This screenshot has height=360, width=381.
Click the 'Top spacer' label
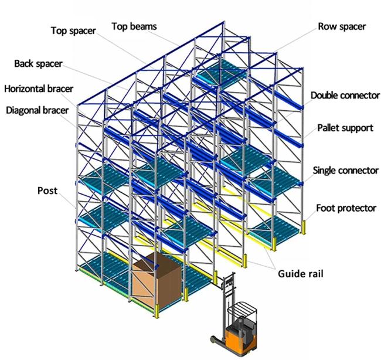click(73, 31)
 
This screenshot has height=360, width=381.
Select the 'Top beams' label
click(134, 26)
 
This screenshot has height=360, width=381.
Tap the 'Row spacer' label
click(342, 26)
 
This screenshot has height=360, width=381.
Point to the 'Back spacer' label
click(38, 64)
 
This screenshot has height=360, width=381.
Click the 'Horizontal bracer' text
click(39, 89)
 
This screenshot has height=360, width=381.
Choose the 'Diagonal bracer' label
click(37, 110)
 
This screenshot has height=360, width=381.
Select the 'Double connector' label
click(345, 96)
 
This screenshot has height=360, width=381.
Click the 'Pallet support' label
click(345, 128)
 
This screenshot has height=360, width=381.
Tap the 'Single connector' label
click(345, 171)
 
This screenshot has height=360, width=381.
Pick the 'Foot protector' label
click(346, 208)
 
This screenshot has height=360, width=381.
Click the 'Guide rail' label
click(301, 274)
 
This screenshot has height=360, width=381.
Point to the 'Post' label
click(47, 191)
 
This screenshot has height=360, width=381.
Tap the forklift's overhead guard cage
click(241, 311)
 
